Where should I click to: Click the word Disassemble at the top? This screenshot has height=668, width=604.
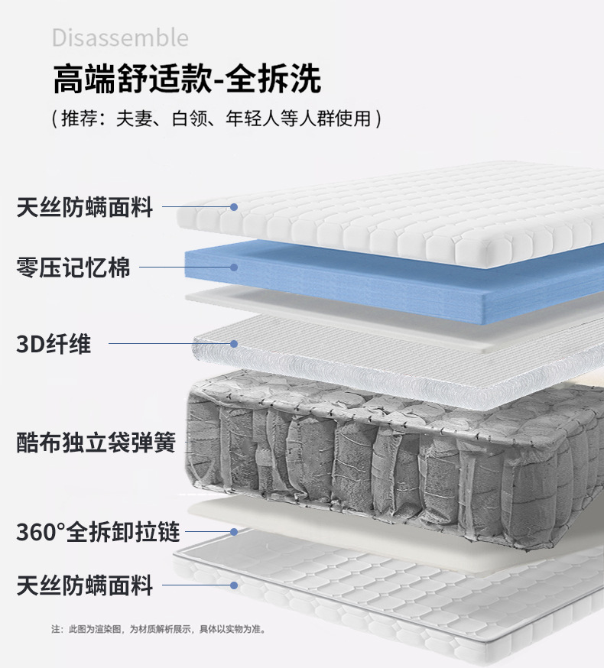pos(120,37)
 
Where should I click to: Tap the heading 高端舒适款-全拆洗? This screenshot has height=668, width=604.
pos(187,79)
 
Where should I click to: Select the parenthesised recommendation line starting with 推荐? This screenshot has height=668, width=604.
pos(216,118)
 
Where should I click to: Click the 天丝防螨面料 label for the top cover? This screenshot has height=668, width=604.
pos(85,207)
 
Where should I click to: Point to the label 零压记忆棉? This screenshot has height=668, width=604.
pos(73,268)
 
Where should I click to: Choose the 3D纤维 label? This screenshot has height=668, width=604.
pos(54,344)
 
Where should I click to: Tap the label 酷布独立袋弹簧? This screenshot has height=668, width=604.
pos(96,442)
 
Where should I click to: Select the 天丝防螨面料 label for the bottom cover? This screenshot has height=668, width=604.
pos(85,586)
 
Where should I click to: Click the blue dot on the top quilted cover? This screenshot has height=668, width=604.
pos(235,207)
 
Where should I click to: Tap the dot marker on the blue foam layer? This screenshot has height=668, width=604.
pos(235,268)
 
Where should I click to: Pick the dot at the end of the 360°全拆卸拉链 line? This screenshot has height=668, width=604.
pos(235,531)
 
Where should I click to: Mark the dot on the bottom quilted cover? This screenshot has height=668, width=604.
pos(235,586)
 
